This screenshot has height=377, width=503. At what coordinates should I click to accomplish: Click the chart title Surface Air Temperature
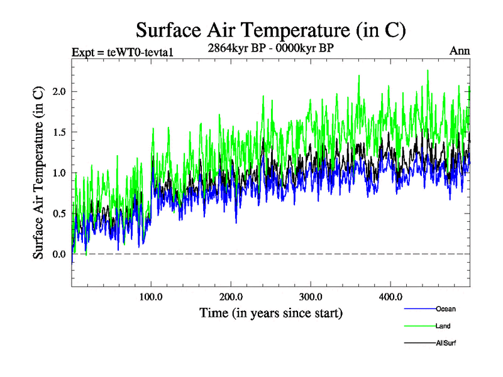[x=270, y=30]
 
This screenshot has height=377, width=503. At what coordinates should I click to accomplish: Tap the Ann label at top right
[x=460, y=51]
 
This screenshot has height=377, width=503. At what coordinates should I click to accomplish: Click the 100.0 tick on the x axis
[x=151, y=297]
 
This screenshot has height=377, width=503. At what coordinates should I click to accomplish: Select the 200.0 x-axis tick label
[x=231, y=297]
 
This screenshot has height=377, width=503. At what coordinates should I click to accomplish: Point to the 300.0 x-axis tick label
[x=311, y=297]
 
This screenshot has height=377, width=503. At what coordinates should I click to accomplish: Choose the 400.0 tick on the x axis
[x=390, y=297]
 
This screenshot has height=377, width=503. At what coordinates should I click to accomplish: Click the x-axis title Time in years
[x=270, y=312]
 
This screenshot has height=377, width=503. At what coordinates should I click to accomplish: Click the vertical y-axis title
[x=38, y=173]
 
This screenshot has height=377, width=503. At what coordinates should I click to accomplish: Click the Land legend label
[x=443, y=326]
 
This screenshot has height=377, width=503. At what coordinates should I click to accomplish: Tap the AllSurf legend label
[x=446, y=343]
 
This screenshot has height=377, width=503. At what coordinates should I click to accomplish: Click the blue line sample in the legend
[x=419, y=309]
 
